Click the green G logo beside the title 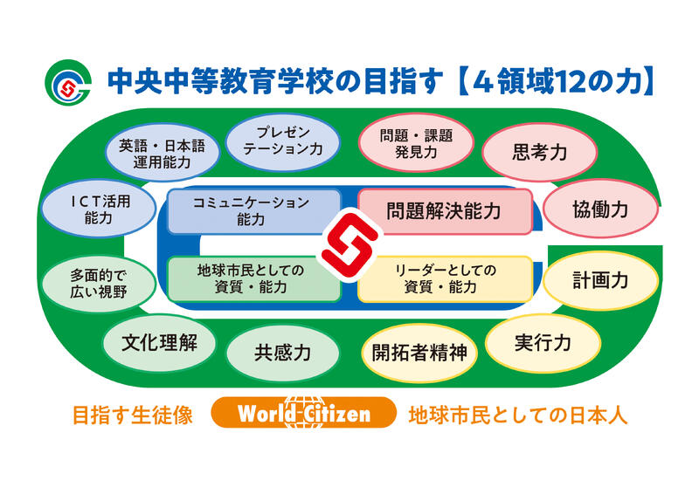[68, 82]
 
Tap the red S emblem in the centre [350, 244]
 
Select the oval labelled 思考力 [539, 152]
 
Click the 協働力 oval [600, 209]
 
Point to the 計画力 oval [600, 280]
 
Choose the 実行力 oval [543, 342]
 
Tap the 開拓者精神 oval [419, 353]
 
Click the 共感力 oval [282, 353]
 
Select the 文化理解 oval [159, 342]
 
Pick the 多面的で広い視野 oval [99, 284]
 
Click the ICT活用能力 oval [99, 209]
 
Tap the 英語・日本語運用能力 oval [163, 153]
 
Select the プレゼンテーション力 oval [282, 142]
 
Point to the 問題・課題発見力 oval [416, 142]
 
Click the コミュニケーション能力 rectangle [254, 211]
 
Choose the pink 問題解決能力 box [446, 211]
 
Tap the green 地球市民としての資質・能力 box [254, 278]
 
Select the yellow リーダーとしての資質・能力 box [446, 279]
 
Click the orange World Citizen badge [303, 413]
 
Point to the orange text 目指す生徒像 [133, 415]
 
